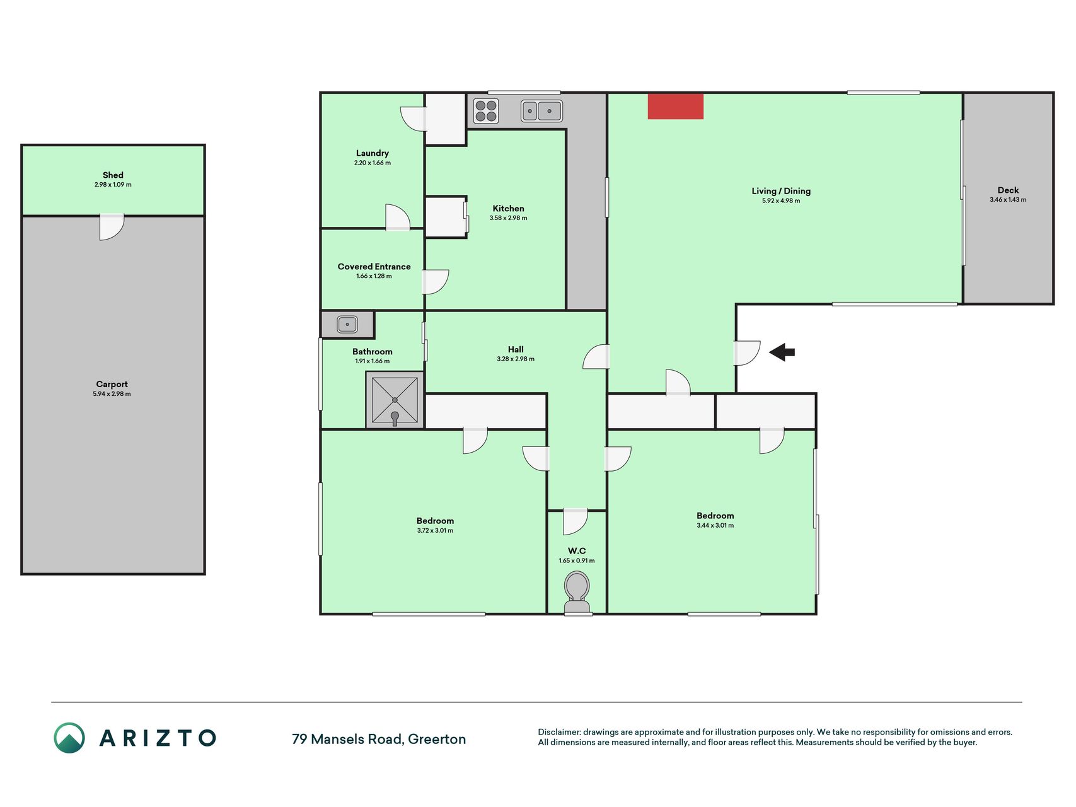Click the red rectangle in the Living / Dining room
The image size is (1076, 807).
pyautogui.click(x=675, y=107)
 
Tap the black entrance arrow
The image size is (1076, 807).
pyautogui.click(x=782, y=352)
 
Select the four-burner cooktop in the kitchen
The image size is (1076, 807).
pyautogui.click(x=486, y=111)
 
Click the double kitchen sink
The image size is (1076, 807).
pyautogui.click(x=541, y=111)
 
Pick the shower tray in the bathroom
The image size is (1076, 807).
pyautogui.click(x=395, y=400)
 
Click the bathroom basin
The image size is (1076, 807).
pyautogui.click(x=347, y=325)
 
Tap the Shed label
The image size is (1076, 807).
pyautogui.click(x=113, y=175)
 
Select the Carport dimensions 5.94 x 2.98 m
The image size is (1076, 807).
pyautogui.click(x=112, y=394)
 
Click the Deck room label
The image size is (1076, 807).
pyautogui.click(x=1008, y=190)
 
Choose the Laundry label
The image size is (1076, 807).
pyautogui.click(x=372, y=153)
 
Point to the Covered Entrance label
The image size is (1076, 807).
pyautogui.click(x=374, y=267)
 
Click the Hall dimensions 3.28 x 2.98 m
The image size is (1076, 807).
pyautogui.click(x=516, y=359)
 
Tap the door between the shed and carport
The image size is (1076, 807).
pyautogui.click(x=112, y=227)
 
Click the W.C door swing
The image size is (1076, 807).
pyautogui.click(x=575, y=521)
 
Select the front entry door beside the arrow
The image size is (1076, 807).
pyautogui.click(x=747, y=353)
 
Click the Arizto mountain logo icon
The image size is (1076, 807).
pyautogui.click(x=69, y=738)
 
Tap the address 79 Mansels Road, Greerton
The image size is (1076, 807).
pyautogui.click(x=379, y=739)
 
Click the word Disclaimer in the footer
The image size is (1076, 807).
pyautogui.click(x=559, y=732)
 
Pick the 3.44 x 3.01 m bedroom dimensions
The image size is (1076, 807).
pyautogui.click(x=715, y=525)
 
